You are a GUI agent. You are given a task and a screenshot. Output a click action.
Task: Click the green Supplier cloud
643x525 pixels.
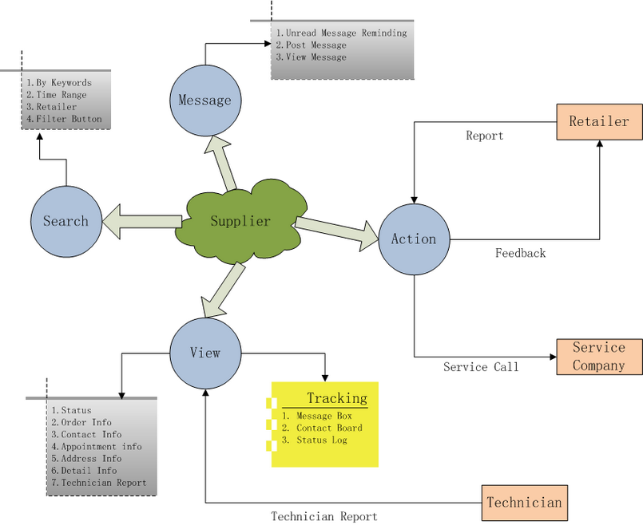pyautogui.click(x=240, y=222)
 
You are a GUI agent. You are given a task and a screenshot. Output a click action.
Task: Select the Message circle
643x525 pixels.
pyautogui.click(x=204, y=101)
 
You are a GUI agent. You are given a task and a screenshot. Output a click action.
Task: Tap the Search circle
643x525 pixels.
pyautogui.click(x=65, y=221)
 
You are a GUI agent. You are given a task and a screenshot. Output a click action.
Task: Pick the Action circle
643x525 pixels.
pyautogui.click(x=414, y=239)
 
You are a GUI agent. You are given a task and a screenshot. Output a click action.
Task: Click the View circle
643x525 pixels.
pyautogui.click(x=204, y=352)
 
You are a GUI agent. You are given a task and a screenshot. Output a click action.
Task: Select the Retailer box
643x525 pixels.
pyautogui.click(x=599, y=122)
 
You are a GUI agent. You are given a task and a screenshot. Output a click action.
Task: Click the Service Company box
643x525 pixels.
pyautogui.click(x=599, y=357)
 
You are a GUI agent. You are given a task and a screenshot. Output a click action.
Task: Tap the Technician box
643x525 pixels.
pyautogui.click(x=524, y=503)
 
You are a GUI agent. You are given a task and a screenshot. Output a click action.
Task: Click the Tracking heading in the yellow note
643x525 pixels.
pyautogui.click(x=337, y=398)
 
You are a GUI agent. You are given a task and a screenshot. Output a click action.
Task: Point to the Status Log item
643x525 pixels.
pyautogui.click(x=321, y=440)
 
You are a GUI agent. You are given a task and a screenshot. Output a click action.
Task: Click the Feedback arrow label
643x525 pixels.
pyautogui.click(x=520, y=253)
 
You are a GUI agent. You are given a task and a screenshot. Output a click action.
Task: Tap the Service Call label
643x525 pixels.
pyautogui.click(x=481, y=367)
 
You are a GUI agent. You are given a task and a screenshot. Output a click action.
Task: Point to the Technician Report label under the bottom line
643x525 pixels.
pyautogui.click(x=323, y=516)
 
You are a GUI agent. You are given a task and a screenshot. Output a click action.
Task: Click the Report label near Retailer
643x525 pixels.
pyautogui.click(x=485, y=136)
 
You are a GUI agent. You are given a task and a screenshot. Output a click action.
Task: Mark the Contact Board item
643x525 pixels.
pyautogui.click(x=328, y=428)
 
